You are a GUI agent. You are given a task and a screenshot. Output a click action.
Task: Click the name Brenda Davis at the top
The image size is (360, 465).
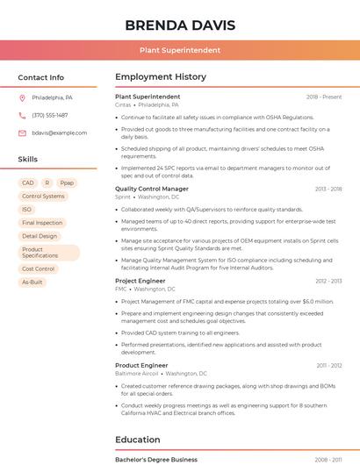click(180, 24)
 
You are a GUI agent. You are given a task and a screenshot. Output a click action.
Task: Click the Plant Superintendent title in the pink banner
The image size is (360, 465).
click(180, 50)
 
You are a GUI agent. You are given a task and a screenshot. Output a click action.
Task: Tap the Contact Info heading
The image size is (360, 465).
click(41, 77)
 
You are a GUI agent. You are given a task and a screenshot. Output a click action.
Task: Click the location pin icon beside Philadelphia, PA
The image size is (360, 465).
click(22, 97)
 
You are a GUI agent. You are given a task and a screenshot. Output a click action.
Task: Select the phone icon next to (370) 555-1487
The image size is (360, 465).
click(22, 115)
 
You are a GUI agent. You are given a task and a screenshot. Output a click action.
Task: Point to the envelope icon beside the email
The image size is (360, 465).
click(22, 132)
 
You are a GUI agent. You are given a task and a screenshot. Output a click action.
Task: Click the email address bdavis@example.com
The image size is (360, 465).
click(60, 132)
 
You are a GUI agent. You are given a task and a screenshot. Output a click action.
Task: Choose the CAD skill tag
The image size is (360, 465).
click(27, 182)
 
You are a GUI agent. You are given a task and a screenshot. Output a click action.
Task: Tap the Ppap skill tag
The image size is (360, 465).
click(67, 182)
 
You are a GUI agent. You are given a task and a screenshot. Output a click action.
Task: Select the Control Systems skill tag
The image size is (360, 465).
click(43, 197)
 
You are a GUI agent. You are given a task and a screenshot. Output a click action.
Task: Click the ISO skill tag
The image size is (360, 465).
click(26, 210)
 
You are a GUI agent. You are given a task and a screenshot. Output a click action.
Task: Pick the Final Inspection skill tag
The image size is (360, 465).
click(42, 223)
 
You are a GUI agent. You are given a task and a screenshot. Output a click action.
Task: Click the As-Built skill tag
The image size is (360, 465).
click(32, 282)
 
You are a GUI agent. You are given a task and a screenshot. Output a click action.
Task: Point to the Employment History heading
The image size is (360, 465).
click(161, 77)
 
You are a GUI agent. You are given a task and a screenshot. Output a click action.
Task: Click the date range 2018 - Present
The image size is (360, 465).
click(324, 97)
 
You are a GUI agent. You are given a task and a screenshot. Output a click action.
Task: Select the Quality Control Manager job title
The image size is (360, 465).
click(152, 189)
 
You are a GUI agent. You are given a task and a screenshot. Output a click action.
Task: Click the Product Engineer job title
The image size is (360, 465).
click(141, 365)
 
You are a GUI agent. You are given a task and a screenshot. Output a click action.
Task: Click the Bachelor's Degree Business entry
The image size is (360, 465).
click(156, 459)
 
